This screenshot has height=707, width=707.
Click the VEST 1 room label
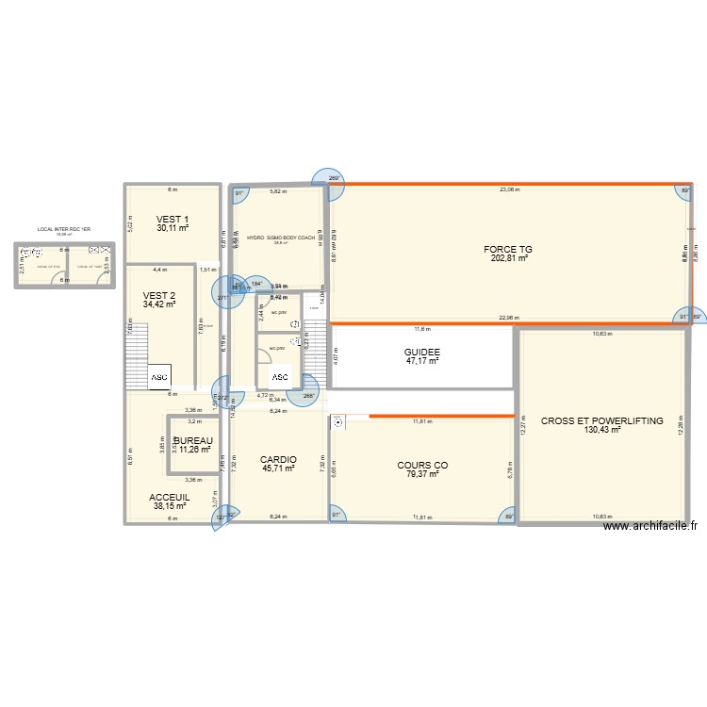pos(173,219)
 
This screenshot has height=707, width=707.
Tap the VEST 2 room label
pos(159,295)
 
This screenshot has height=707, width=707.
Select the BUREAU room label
pos(192,440)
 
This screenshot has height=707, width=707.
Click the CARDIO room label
pos(278,459)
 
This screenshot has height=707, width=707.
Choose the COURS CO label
pos(422,465)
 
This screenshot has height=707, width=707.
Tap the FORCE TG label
pos(508,250)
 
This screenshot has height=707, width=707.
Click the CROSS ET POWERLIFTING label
pos(601,420)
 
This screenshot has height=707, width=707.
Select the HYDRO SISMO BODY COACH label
pos(281,238)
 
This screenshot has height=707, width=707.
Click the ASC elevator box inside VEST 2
pos(157,377)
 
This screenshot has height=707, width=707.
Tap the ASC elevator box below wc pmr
pos(280,377)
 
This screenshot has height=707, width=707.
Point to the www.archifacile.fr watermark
pos(651,528)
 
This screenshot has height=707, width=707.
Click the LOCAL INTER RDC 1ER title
pos(64,229)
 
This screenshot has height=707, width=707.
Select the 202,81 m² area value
pos(508,259)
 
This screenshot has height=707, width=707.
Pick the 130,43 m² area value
pos(601,430)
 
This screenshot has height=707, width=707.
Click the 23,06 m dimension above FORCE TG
pos(510,189)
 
